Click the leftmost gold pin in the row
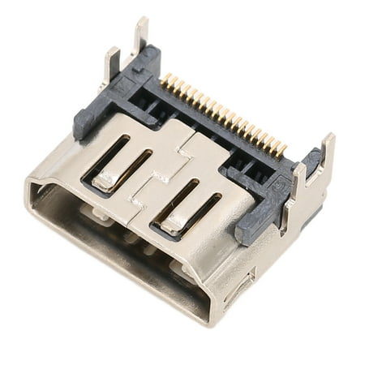[x=164, y=79]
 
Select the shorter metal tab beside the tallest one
[x=112, y=62]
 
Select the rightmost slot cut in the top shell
[x=210, y=209]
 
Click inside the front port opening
[x=122, y=243]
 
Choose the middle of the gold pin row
[x=223, y=114]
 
